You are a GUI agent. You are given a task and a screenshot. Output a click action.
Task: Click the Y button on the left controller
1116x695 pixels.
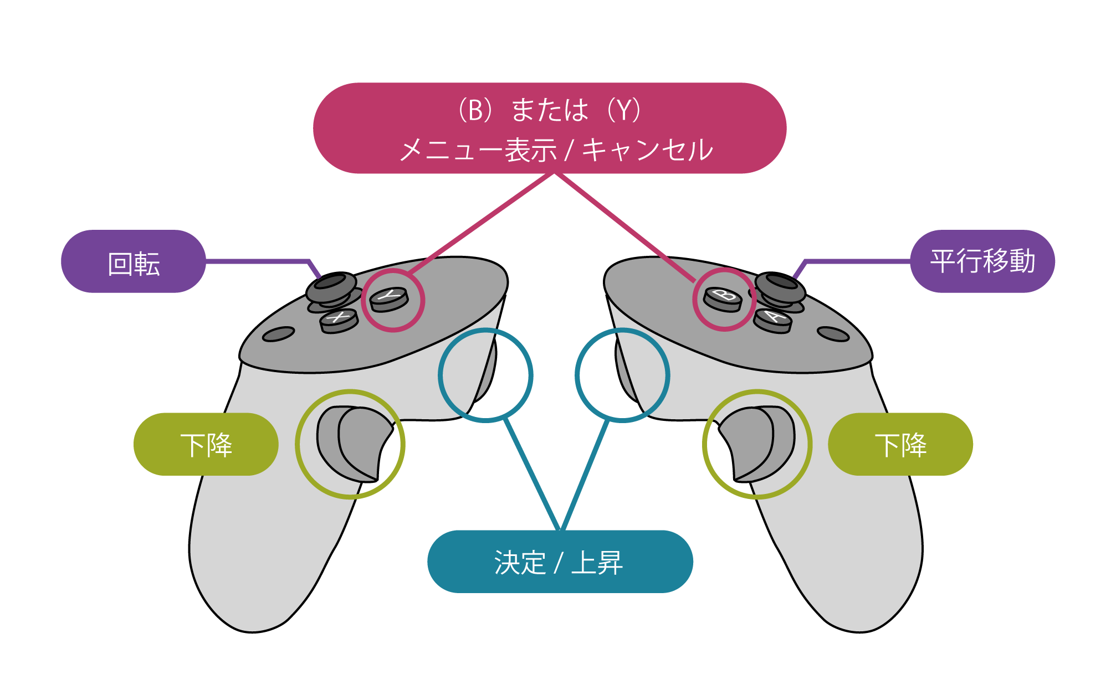pos(390,298)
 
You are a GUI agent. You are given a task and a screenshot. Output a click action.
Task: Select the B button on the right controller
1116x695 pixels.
pos(723,298)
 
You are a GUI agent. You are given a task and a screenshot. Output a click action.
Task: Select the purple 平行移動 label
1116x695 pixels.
pos(982,261)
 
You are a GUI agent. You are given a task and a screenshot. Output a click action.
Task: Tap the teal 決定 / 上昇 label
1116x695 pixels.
pos(560,562)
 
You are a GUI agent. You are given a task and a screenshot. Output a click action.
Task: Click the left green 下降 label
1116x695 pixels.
pos(206,444)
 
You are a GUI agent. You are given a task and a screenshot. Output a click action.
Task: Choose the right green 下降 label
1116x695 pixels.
pos(900,444)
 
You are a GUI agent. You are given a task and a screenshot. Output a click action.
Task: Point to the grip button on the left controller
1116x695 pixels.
pos(355,443)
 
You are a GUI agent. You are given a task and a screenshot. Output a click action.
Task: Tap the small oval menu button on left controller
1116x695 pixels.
pos(278,334)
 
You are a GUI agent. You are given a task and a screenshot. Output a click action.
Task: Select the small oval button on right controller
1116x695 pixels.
pos(833,334)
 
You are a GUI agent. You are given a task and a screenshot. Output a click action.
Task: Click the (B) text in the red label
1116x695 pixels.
pos(475,110)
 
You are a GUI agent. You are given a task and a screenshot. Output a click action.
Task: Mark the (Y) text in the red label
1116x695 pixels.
pos(624,110)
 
